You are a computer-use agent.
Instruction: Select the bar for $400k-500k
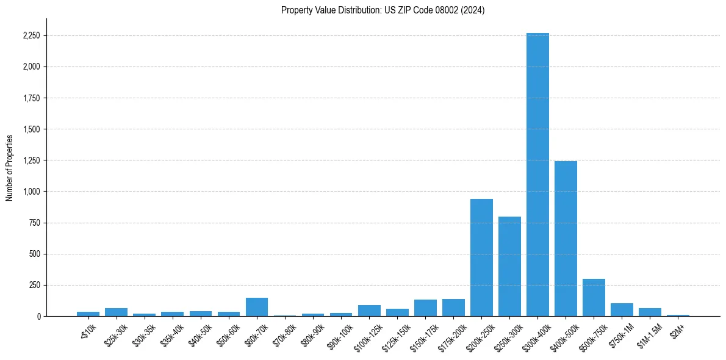(566, 239)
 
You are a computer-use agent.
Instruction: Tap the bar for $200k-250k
(481, 257)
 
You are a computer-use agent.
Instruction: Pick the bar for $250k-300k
(509, 266)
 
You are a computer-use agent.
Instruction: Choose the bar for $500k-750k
(594, 297)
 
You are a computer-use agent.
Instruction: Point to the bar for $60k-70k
(257, 307)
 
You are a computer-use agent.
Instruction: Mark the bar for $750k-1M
(622, 309)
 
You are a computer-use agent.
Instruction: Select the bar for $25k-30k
(116, 312)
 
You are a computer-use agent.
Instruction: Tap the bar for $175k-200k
(453, 308)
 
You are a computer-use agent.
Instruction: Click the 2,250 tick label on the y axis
(31, 36)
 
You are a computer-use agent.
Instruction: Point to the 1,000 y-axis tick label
(31, 192)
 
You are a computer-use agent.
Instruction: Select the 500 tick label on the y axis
(34, 254)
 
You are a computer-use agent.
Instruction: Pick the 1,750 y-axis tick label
(31, 98)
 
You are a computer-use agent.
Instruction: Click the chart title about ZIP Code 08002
(383, 10)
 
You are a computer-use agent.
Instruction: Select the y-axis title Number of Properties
(10, 167)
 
